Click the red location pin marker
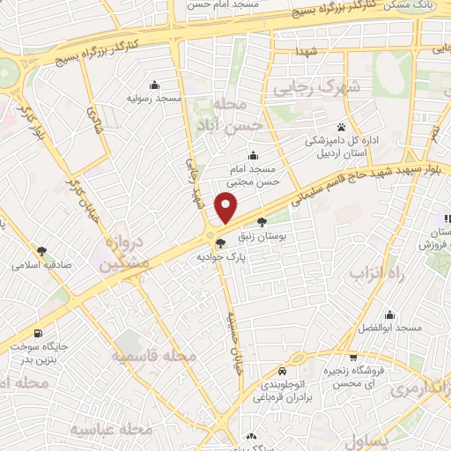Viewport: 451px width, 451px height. pyautogui.click(x=226, y=207)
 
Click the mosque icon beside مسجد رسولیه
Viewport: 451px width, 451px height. pyautogui.click(x=155, y=85)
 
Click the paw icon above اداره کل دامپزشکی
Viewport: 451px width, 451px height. pyautogui.click(x=341, y=127)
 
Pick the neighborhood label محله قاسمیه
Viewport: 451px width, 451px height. pyautogui.click(x=152, y=356)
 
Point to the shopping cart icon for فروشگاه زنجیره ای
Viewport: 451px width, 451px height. pyautogui.click(x=353, y=357)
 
